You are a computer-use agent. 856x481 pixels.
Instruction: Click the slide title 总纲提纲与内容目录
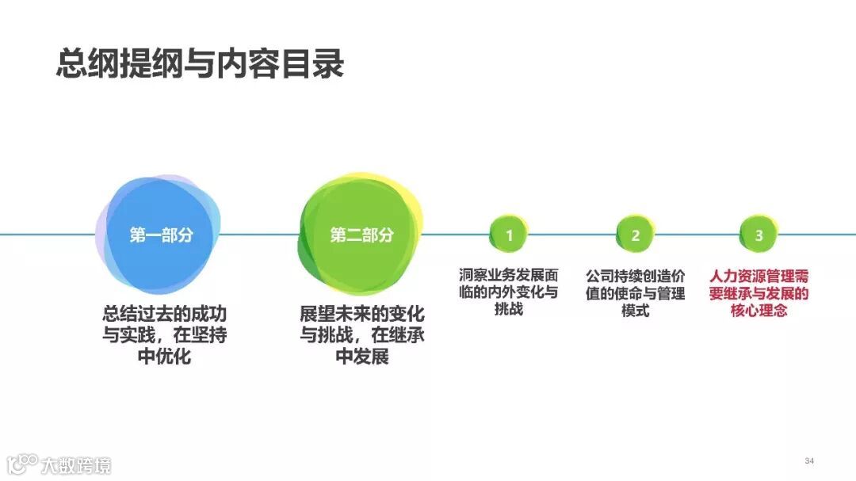point(200,63)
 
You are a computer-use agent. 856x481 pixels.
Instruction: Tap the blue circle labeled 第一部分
point(161,235)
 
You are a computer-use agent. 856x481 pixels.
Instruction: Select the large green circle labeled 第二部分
point(361,235)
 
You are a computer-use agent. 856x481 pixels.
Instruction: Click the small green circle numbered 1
point(510,235)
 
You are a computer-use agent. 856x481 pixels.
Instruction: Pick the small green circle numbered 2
point(635,235)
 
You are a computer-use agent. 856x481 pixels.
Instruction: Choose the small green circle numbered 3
point(759,235)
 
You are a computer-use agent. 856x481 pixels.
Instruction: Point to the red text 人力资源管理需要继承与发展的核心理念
point(759,293)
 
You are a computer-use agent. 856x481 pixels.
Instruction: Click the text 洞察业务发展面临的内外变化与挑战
point(509,292)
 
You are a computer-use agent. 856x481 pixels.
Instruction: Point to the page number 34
point(809,461)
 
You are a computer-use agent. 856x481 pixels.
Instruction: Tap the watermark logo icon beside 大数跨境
point(21,464)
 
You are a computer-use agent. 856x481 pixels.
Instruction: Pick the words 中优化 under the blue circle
point(164,357)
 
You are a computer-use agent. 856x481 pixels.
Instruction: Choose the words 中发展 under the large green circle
point(362,357)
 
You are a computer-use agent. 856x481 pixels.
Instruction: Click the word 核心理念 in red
point(759,311)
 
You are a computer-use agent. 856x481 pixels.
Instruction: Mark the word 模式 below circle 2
point(635,311)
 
